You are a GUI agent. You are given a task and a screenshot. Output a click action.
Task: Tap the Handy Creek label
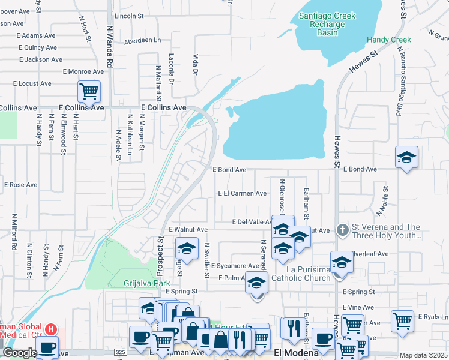(388, 40)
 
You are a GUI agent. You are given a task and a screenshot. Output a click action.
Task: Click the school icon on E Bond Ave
(406, 157)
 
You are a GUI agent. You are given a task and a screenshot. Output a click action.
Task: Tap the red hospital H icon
(52, 329)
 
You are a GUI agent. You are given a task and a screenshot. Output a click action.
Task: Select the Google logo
(20, 353)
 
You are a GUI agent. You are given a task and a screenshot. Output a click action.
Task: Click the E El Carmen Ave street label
(242, 193)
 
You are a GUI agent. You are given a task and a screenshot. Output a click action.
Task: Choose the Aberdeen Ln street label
(142, 40)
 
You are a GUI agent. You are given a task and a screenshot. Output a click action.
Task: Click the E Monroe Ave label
(83, 71)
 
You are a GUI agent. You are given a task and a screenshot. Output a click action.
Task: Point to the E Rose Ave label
(21, 185)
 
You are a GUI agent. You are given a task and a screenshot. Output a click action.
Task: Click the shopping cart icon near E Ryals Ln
(402, 320)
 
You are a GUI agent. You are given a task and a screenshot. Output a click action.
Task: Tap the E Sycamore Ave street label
(235, 265)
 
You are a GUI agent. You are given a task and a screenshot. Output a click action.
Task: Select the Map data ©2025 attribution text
(424, 355)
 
